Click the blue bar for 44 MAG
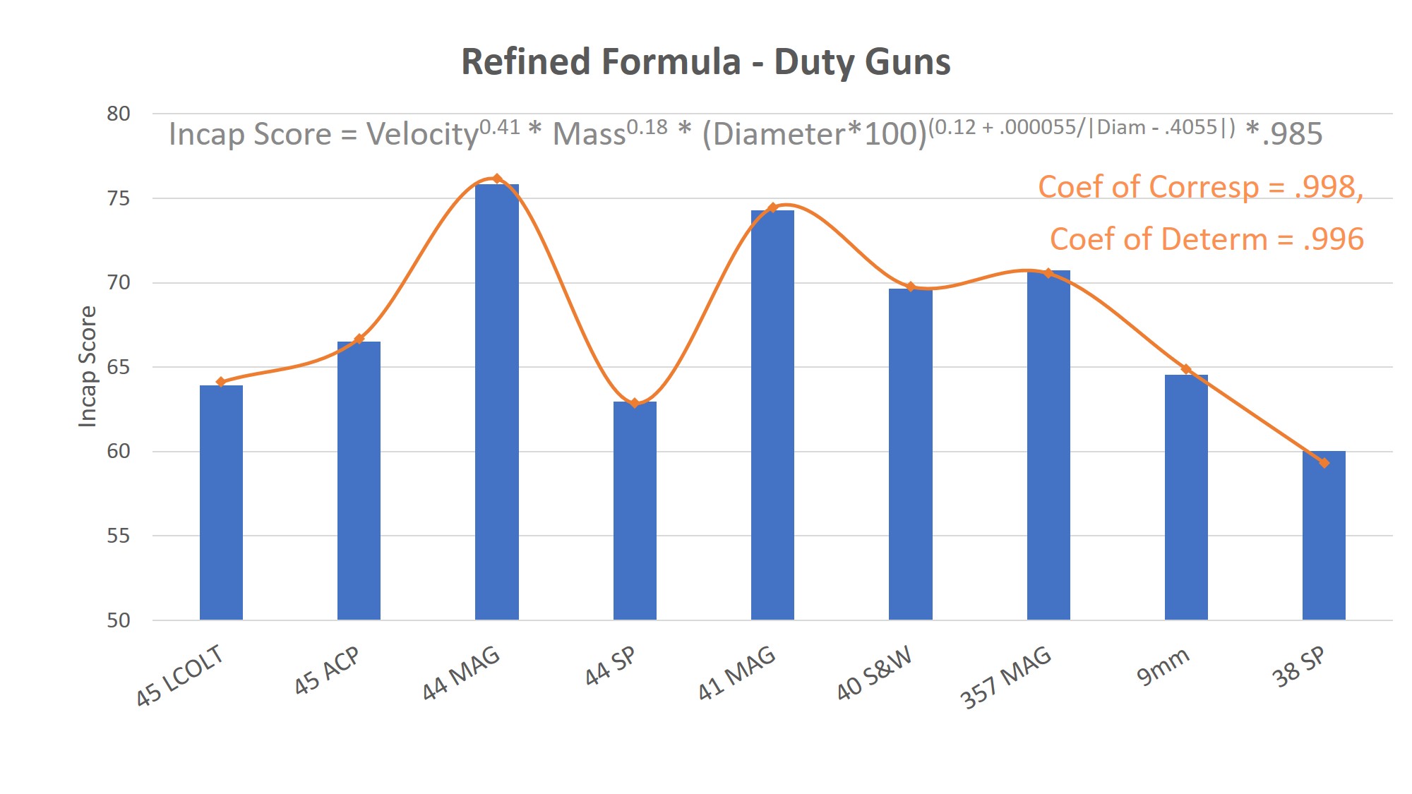496,402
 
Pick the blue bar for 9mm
1186,497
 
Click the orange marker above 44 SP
635,403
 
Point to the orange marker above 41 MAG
772,207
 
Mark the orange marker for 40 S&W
911,287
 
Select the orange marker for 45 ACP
359,339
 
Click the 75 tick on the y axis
119,198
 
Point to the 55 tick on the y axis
119,536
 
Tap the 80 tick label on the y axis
119,114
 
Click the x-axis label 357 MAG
1006,678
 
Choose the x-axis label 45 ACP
327,670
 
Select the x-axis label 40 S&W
874,673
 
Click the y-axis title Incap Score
87,366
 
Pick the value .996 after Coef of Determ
1333,239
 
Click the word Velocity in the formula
422,134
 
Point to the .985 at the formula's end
1292,134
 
